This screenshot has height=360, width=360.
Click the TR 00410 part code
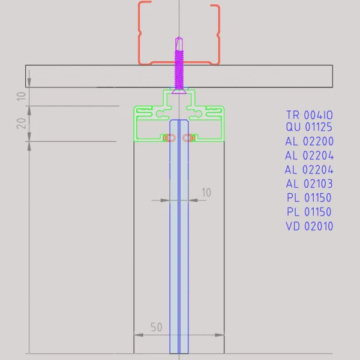pos(309,115)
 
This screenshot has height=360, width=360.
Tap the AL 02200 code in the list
pos(309,142)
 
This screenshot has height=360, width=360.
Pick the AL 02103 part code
pos(309,184)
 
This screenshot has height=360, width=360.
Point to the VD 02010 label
pos(309,226)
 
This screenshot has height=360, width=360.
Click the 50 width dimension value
pos(156,328)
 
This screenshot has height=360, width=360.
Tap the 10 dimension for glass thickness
pos(206,193)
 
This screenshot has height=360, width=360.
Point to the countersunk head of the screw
pos(179,90)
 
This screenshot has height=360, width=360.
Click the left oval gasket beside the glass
pos(170,138)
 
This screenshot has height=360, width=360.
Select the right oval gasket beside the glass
pos(188,138)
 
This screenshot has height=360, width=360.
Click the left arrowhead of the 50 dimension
pos(136,334)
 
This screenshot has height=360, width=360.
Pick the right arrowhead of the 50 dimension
pos(222,334)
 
